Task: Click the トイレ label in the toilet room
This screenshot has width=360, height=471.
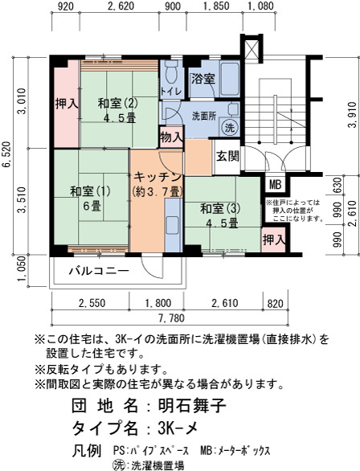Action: point(171,92)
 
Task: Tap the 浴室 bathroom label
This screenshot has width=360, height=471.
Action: point(203,79)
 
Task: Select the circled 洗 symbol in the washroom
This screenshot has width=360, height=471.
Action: point(230,128)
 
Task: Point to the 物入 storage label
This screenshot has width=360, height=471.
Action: point(171,137)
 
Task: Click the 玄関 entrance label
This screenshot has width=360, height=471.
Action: point(228,156)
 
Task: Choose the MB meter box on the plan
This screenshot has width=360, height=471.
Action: point(275,184)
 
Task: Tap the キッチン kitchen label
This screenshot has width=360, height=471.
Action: point(158,177)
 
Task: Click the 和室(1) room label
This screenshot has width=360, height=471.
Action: point(90,190)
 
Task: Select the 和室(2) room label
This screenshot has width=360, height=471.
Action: point(118,104)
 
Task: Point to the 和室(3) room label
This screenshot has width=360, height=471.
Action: point(220,209)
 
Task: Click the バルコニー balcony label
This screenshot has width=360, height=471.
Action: point(100,271)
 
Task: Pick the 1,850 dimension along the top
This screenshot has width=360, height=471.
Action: point(216,6)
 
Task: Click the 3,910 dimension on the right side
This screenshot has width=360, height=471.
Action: point(353,114)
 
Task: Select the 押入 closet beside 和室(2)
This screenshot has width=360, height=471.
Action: point(67,104)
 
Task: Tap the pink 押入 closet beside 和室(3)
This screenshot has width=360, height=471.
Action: point(273,240)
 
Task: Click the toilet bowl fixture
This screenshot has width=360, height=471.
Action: point(171,72)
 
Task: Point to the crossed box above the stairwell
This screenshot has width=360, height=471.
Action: point(252,48)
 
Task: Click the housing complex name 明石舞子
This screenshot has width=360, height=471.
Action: point(191,406)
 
